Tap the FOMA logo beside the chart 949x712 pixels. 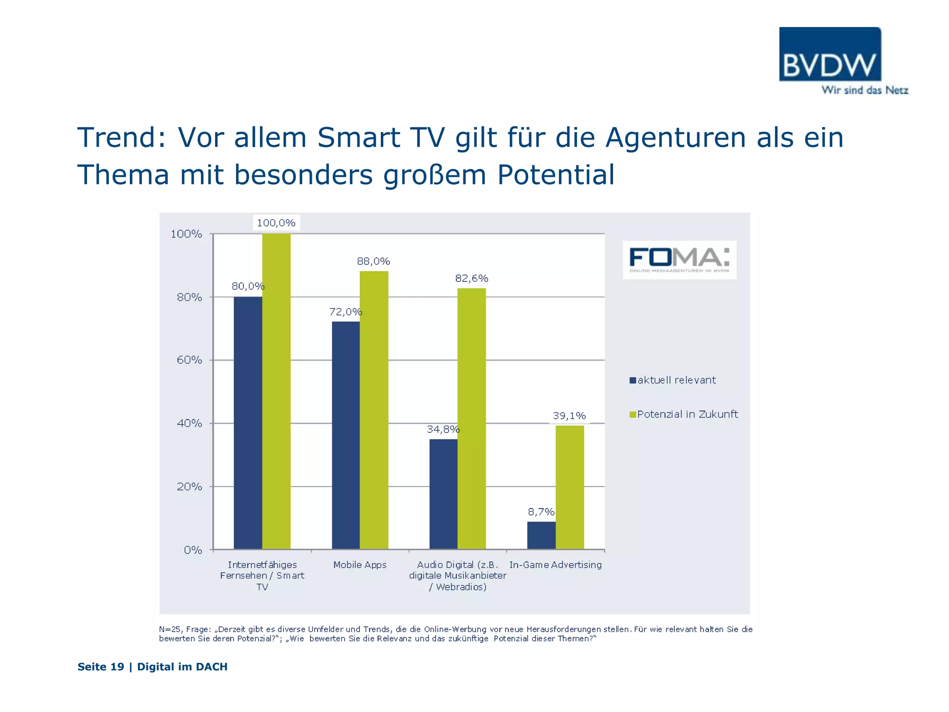(679, 260)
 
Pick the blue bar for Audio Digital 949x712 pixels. (443, 494)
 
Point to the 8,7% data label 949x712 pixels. (541, 512)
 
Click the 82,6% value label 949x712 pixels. (471, 278)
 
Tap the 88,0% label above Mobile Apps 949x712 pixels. (373, 261)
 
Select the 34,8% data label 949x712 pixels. (443, 429)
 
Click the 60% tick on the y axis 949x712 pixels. (189, 360)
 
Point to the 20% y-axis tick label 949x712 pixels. (189, 487)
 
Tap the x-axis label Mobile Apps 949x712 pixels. (360, 565)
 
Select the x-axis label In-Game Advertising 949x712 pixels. (555, 565)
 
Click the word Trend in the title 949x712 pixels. (122, 138)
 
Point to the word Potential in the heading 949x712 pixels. (556, 175)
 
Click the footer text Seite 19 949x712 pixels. (101, 667)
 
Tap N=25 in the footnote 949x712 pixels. (170, 629)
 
